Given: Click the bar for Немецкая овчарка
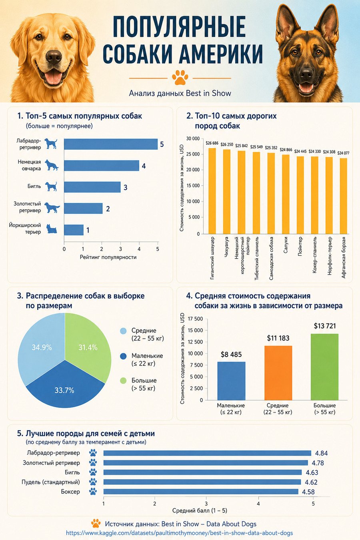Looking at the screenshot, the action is coord(102,166).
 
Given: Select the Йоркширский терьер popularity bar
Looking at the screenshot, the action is coord(74,230).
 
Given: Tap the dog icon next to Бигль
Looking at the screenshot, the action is coord(51,187).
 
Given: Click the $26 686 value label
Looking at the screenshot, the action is coord(212,143).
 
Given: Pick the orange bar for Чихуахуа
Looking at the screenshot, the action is coord(226,192).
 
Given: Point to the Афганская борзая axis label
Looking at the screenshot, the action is coord(344,257).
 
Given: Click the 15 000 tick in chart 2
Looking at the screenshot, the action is coord(193,186).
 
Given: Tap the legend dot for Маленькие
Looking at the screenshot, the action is coord(123,356).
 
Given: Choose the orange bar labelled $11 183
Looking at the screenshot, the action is coord(278,373).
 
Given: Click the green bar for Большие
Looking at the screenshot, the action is coord(324,367).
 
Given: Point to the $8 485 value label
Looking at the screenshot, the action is coord(231,354).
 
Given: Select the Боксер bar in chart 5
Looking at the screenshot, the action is coord(201,491).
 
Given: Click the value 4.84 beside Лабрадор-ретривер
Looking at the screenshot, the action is coord(322,453).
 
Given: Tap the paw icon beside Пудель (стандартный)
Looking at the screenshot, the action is coord(93,482).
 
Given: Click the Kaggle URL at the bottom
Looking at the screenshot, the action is coord(180,533).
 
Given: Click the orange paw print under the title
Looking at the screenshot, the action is coord(180,77).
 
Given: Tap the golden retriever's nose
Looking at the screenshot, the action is coord(54,57).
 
